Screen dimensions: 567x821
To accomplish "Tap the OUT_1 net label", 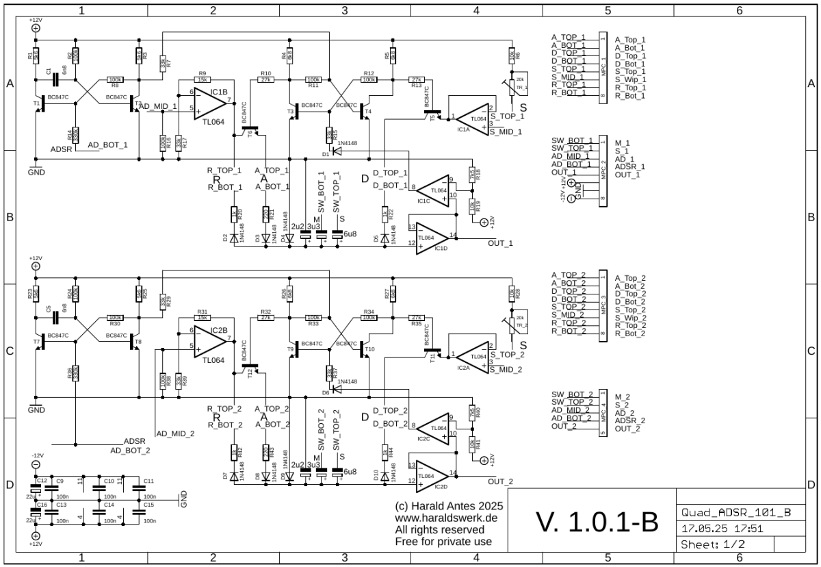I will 500,243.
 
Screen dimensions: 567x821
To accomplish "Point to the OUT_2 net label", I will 500,481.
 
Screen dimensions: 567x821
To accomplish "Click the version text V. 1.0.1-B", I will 597,522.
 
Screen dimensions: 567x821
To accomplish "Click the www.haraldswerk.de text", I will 445,518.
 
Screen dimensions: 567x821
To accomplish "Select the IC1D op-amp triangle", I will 432,237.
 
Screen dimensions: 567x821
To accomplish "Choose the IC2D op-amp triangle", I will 432,475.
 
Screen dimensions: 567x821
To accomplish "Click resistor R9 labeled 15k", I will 203,79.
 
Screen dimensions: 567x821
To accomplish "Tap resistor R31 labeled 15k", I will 203,318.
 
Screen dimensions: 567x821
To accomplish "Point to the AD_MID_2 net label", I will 175,433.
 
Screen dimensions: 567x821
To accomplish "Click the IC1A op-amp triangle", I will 473,118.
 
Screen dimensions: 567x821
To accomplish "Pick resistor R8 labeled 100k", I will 115,79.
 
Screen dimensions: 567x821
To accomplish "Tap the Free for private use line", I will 443,542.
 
